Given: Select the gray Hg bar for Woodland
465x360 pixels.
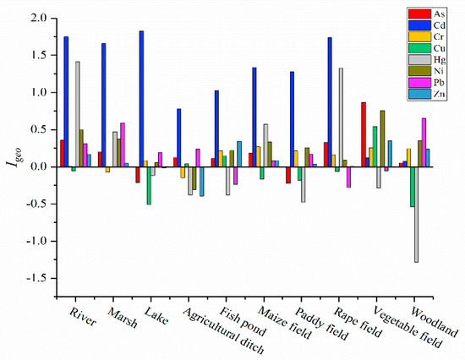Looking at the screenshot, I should [417, 215].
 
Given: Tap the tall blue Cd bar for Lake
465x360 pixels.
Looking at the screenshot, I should [141, 99].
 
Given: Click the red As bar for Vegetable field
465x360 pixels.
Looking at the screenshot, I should [364, 134].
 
